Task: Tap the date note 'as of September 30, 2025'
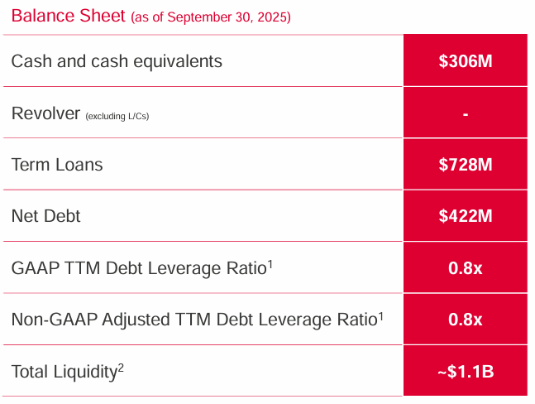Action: [x=211, y=17]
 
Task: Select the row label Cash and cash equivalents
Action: [x=117, y=60]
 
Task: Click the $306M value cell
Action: [x=466, y=61]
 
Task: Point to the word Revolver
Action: [x=45, y=113]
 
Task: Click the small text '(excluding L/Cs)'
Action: [x=117, y=115]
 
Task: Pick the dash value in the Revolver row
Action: [x=466, y=113]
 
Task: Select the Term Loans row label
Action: [x=57, y=164]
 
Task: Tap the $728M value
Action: [x=466, y=165]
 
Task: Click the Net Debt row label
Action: [x=46, y=216]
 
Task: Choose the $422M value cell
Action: [x=466, y=216]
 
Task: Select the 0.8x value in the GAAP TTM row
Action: [x=466, y=268]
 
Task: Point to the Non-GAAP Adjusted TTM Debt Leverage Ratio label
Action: [x=194, y=320]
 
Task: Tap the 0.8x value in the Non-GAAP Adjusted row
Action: [x=466, y=320]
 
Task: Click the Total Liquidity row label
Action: [x=64, y=372]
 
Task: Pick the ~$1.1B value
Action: [x=466, y=372]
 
